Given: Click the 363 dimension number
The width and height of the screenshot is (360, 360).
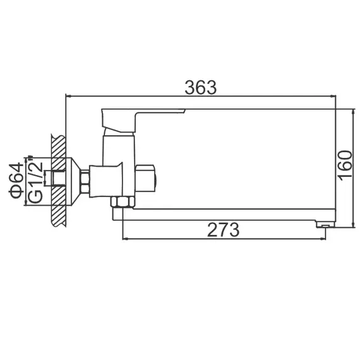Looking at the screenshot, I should [201, 88].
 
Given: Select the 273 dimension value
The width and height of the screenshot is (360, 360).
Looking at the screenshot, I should [224, 230].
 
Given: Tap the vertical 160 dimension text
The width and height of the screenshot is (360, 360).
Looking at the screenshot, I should [344, 164].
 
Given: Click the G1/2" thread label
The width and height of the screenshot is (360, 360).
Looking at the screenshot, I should [36, 181].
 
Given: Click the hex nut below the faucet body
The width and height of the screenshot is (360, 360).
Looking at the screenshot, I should [120, 202].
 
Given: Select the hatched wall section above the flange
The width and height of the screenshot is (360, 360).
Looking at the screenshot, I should [58, 145].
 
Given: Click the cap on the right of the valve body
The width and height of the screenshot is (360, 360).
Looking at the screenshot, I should [150, 179].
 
